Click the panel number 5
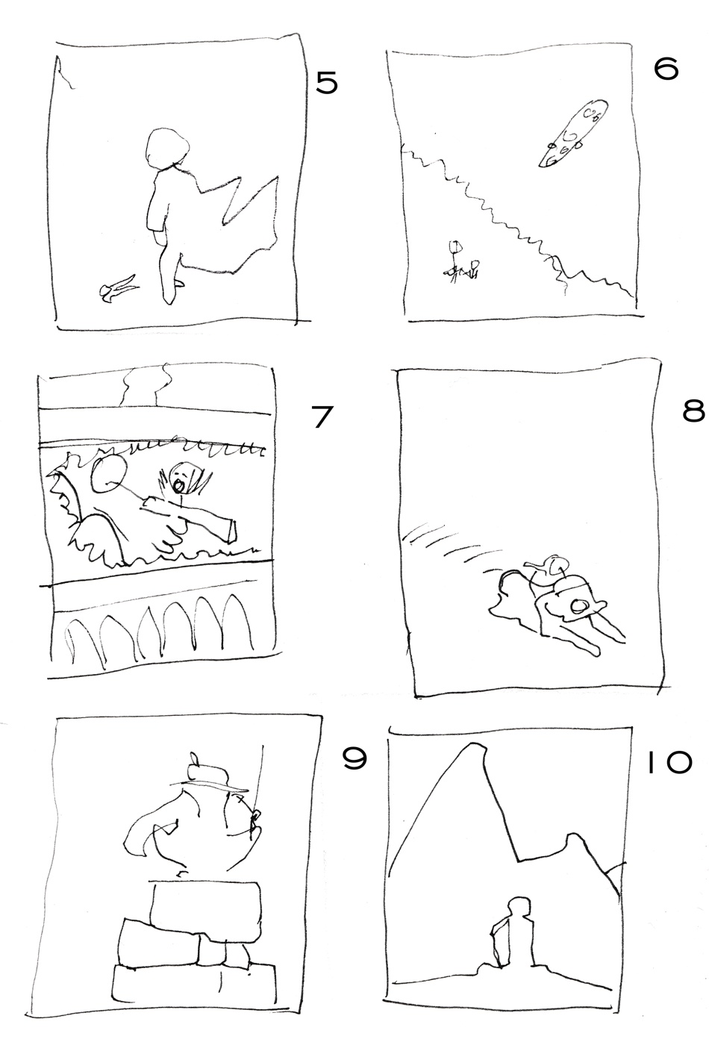click(x=327, y=83)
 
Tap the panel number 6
click(x=666, y=70)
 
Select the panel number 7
click(x=322, y=417)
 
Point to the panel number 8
click(x=693, y=411)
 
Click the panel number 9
click(x=354, y=760)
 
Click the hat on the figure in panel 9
click(x=208, y=775)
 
